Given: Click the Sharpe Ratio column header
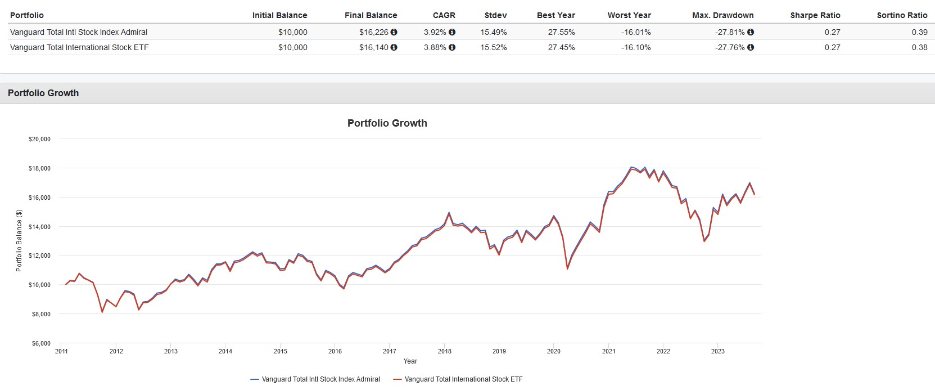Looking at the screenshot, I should [x=815, y=15].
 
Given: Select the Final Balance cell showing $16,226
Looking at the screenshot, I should [x=373, y=32].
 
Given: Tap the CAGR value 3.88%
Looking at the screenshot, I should [x=435, y=47].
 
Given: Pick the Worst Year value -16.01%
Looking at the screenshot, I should [x=636, y=32].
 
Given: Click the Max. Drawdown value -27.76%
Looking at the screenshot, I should [x=730, y=47].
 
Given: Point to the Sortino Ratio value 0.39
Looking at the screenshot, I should [x=919, y=32].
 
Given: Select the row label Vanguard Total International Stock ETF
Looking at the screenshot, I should [x=79, y=47].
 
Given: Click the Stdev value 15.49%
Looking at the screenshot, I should [x=493, y=32].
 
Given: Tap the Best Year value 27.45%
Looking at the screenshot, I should [x=561, y=47].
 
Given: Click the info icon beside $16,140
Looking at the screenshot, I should [x=394, y=47].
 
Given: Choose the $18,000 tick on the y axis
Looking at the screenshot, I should [x=39, y=168].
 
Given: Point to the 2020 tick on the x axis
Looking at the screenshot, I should [x=554, y=351].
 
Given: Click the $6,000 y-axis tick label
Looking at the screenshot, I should [x=41, y=343].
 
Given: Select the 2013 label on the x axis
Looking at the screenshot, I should [x=171, y=351].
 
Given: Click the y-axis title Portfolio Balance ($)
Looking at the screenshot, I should [x=19, y=240].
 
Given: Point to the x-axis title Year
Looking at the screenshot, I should [x=410, y=361].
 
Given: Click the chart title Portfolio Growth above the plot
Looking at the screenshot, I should [x=387, y=123].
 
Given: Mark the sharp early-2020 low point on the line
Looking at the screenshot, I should [x=567, y=268].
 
